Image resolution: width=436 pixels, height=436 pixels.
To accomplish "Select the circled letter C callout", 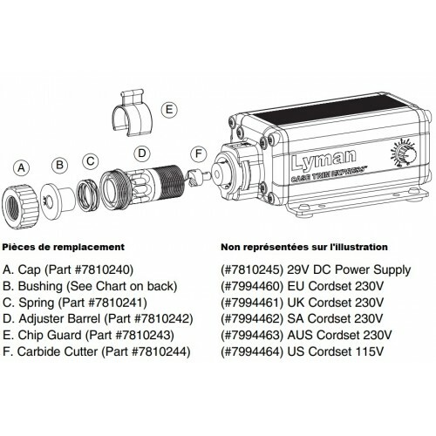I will [x=90, y=160].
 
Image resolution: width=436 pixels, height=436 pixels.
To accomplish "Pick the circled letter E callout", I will [x=168, y=111].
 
